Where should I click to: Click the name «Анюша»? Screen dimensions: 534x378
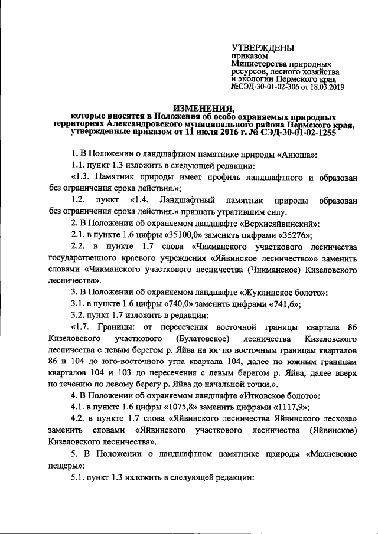tap(299, 155)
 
